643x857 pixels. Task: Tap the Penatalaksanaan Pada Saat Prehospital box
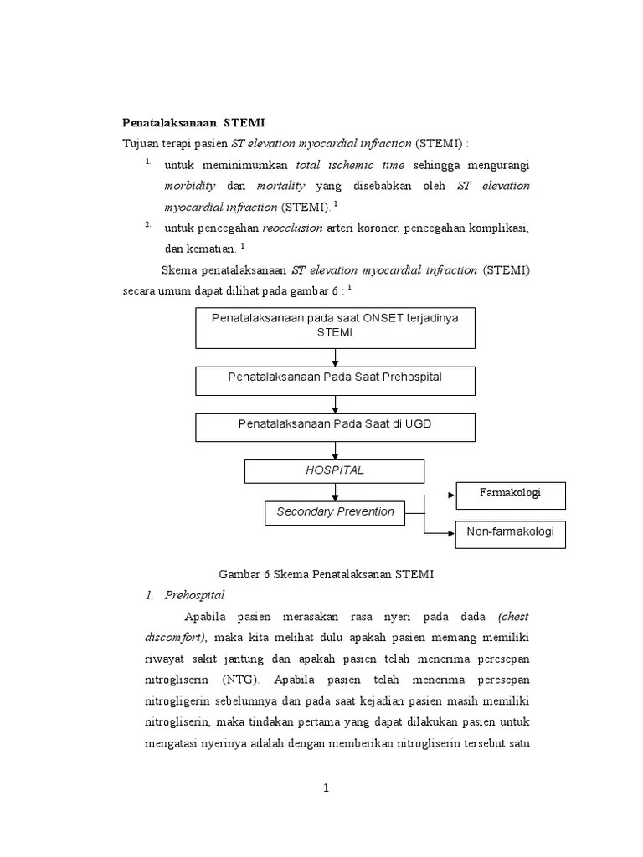pos(335,378)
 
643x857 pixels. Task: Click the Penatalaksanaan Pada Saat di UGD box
pos(335,425)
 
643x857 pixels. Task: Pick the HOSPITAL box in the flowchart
pos(335,470)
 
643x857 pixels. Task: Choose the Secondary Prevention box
pos(335,512)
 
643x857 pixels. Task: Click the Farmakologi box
pos(510,494)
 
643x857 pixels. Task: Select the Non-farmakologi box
pos(510,532)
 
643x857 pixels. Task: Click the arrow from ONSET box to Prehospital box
pos(335,357)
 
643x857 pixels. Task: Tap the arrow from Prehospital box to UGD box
pos(335,404)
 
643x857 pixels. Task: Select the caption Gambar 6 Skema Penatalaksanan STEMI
pos(327,575)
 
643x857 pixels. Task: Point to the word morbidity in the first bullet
pos(190,186)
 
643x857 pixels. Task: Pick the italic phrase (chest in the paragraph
pos(512,618)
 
